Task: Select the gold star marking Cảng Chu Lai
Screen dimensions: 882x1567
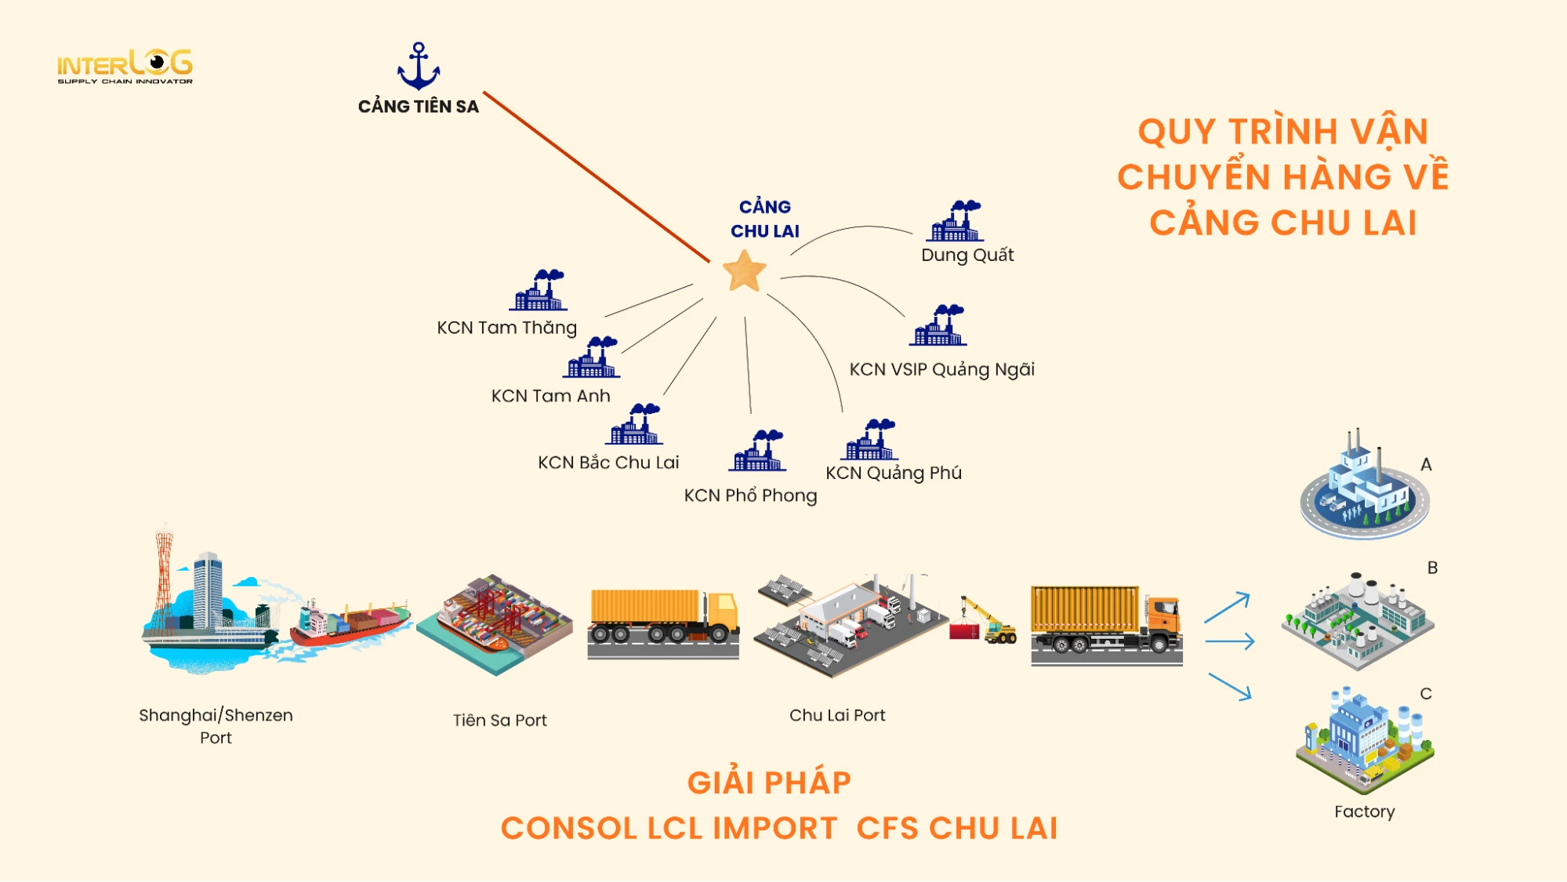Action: (x=744, y=271)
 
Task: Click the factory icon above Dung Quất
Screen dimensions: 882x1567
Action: (x=955, y=221)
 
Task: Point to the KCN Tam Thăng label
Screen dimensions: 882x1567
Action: (x=506, y=328)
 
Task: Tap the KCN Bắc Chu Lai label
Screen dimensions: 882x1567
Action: (x=608, y=463)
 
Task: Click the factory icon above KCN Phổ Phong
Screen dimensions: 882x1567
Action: (x=756, y=451)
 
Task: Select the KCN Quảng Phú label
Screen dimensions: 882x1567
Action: (x=893, y=473)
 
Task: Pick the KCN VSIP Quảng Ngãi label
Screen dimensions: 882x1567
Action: (x=941, y=369)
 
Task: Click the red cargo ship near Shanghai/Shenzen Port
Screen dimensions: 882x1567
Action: (x=349, y=623)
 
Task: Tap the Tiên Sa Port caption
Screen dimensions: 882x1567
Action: (x=499, y=720)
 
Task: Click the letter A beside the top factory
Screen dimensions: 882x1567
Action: (x=1426, y=465)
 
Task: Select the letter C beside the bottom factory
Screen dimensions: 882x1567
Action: (x=1426, y=694)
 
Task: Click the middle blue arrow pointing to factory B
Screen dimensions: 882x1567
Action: (x=1230, y=642)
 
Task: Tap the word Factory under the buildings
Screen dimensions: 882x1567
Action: (x=1364, y=811)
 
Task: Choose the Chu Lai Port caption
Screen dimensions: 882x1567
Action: (x=837, y=715)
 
